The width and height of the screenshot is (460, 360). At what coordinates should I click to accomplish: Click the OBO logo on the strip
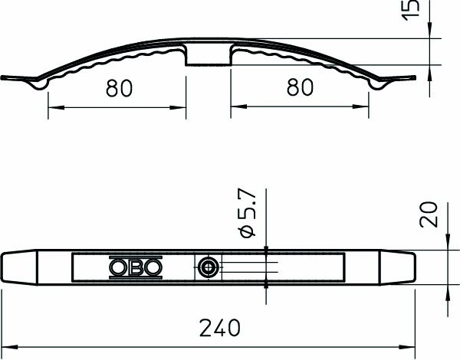[136, 267]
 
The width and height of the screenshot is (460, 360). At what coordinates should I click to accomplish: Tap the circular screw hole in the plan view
[208, 267]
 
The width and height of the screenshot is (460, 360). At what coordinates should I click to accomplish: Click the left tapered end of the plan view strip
[18, 267]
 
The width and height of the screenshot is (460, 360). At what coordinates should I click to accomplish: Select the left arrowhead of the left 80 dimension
[53, 107]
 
